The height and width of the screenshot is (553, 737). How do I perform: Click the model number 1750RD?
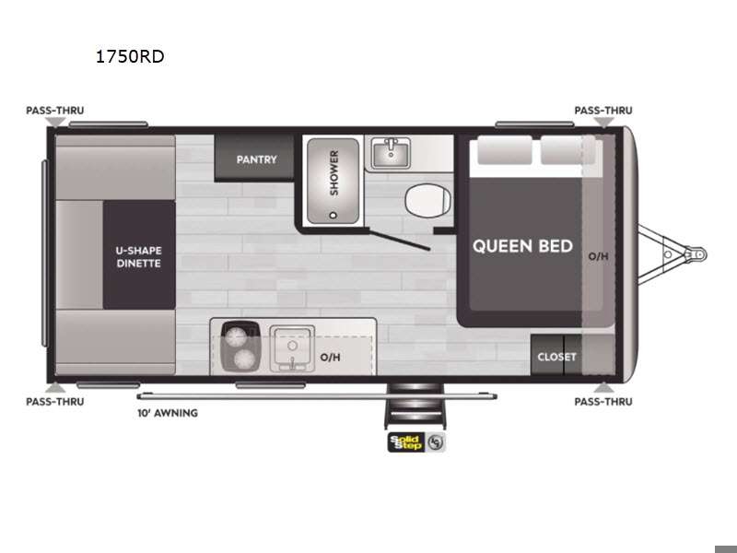(130, 56)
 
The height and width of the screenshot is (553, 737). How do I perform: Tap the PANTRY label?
(256, 159)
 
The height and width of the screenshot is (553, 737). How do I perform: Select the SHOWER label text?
(334, 173)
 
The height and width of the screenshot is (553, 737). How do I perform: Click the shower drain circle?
(333, 216)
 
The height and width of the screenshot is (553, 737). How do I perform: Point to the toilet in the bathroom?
(428, 200)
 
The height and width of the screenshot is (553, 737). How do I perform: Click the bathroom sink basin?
(391, 152)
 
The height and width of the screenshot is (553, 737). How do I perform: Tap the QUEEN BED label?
(522, 246)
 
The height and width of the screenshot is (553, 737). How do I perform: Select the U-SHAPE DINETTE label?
(139, 257)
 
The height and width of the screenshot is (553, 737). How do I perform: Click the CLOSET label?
(556, 357)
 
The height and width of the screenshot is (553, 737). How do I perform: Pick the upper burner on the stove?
(236, 335)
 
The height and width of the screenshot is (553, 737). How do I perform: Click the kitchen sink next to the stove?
(292, 348)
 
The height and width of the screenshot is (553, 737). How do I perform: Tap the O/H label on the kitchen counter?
(330, 358)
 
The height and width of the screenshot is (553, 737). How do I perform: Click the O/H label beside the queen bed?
(598, 256)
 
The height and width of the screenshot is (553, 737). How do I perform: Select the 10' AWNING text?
(168, 413)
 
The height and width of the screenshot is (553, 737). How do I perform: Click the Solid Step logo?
(415, 442)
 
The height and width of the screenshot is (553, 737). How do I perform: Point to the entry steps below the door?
(414, 406)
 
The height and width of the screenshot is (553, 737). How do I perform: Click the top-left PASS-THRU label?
(55, 111)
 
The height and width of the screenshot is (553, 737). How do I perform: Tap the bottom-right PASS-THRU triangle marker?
(603, 387)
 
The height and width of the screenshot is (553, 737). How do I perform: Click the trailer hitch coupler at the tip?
(698, 254)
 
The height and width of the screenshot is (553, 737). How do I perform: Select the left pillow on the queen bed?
(505, 150)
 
